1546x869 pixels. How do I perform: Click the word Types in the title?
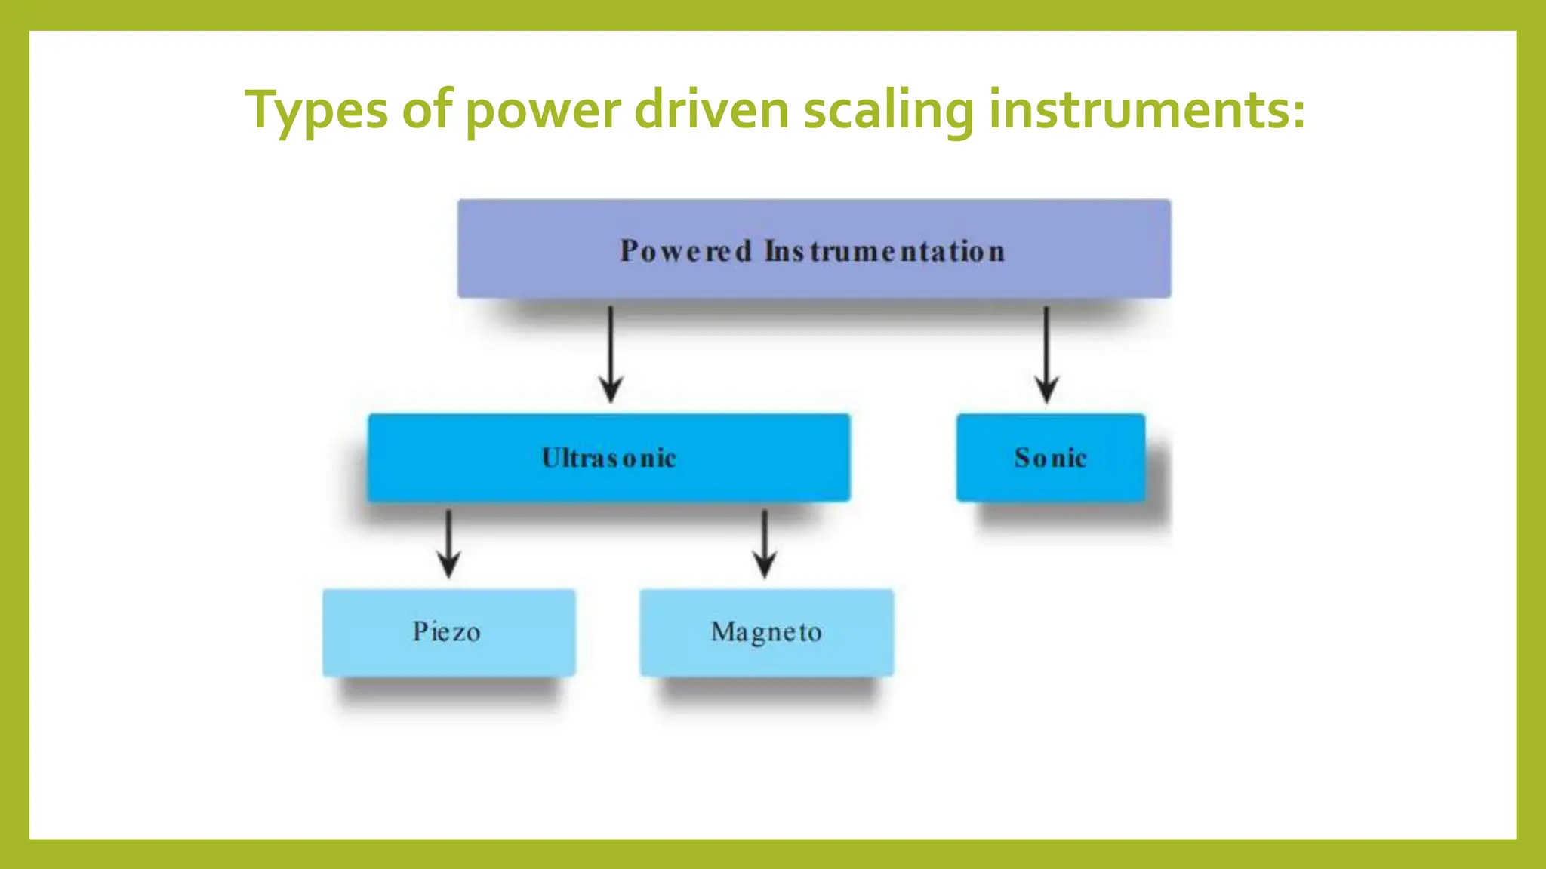tap(316, 111)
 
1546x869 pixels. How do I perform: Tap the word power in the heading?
tap(543, 111)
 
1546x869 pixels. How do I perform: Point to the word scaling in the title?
tap(888, 111)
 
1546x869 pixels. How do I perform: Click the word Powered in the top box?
tap(685, 251)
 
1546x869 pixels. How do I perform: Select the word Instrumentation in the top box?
tap(885, 251)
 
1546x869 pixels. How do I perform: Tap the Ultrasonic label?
tap(608, 458)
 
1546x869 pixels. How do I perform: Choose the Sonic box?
tap(1050, 458)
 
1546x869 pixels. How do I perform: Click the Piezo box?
tap(448, 632)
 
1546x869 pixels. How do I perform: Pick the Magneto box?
tap(766, 632)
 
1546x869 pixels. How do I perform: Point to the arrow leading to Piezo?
tap(448, 543)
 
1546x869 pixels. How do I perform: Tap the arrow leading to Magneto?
tap(765, 543)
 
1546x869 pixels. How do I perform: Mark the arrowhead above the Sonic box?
tap(1046, 390)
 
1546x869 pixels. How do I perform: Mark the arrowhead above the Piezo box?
tap(448, 566)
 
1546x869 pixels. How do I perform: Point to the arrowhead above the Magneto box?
tap(765, 566)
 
